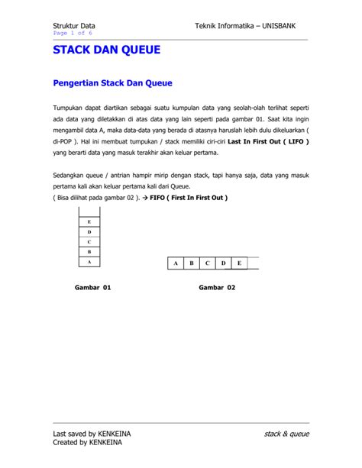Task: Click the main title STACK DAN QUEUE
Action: coord(106,51)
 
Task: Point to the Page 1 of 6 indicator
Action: coord(73,34)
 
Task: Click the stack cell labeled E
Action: coord(89,222)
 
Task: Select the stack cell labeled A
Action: coord(89,261)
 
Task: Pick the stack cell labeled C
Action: coord(89,242)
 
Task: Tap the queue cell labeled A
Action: coord(176,263)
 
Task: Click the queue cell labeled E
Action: coord(239,263)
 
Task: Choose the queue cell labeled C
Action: coord(208,263)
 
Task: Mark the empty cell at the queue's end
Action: coord(254,263)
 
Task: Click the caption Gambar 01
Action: coord(92,288)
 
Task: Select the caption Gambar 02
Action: coord(217,288)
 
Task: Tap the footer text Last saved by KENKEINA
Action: coord(92,434)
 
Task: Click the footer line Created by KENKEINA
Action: coord(86,442)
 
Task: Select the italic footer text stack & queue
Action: coord(286,434)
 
